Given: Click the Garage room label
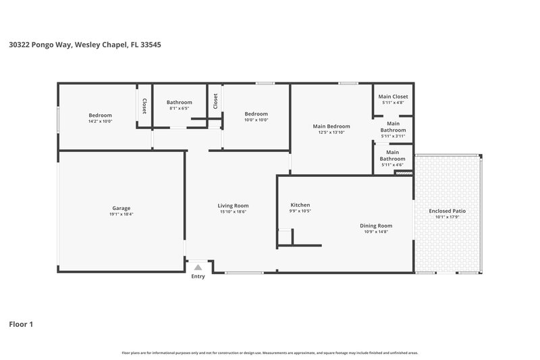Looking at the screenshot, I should [x=121, y=208].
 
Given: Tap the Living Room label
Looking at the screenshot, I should [x=233, y=205].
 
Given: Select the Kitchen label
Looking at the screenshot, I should [x=300, y=205].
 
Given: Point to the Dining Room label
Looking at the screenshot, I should [x=376, y=226].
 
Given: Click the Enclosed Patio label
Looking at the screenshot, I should [x=447, y=211].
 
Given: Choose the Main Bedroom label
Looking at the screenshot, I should [x=331, y=126].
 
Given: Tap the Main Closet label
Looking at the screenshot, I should [x=393, y=97].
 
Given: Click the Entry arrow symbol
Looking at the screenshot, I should [x=198, y=267].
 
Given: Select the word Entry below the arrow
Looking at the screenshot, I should [x=198, y=276].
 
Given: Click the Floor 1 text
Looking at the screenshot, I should [x=21, y=324].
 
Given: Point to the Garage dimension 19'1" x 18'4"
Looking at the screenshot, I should [x=121, y=214].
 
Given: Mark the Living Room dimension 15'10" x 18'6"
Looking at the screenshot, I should [x=233, y=211].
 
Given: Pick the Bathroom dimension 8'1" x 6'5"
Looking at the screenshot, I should [x=180, y=108].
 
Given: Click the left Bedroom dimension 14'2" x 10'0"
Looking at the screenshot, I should [x=101, y=121].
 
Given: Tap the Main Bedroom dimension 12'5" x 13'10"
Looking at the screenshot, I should [x=331, y=132].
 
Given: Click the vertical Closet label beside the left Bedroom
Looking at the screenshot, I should [x=144, y=106].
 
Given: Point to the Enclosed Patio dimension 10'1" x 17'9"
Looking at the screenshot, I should [x=447, y=217].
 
